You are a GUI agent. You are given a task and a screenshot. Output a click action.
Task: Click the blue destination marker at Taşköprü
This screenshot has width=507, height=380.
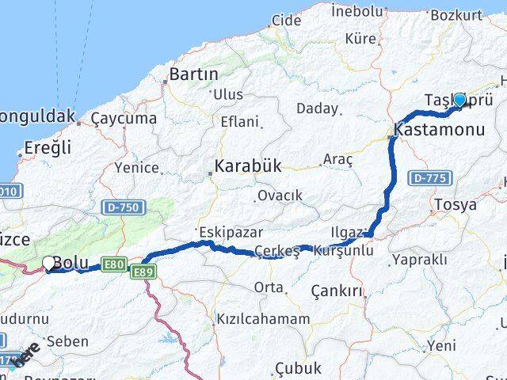point(459,100)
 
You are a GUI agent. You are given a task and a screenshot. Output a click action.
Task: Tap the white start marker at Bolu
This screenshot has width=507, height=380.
point(49,263)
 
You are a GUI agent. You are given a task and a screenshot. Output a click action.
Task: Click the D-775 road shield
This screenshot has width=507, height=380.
point(430,179)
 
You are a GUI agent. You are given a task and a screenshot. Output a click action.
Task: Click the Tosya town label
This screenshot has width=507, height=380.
point(455,204)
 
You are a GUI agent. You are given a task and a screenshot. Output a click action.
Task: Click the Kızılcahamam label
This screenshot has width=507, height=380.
point(262,319)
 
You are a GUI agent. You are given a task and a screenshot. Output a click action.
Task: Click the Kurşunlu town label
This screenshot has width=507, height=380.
point(344,250)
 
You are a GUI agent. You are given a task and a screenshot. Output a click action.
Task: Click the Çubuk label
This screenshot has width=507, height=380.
point(298,367)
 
